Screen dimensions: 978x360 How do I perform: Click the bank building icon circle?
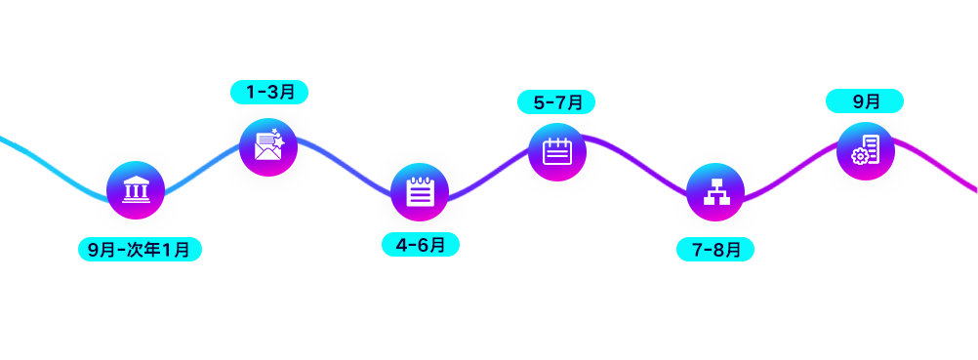pos(136,190)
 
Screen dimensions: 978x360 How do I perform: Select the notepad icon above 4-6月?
pos(419,192)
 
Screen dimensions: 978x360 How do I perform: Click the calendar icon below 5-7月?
pos(557,152)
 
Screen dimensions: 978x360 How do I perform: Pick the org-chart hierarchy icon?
pos(715,192)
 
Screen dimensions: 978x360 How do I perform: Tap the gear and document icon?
pos(865,151)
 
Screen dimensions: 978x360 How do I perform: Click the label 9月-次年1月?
pos(140,250)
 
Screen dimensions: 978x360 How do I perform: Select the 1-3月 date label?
pos(269,92)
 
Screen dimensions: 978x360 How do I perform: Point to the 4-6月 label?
pos(421,245)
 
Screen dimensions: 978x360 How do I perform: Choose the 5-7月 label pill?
pos(556,102)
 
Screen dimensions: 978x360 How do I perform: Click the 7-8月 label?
pos(715,250)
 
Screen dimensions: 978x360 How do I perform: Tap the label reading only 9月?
pos(865,101)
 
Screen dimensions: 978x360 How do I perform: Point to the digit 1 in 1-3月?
pos(251,93)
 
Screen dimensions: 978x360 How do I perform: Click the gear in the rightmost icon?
pos(860,157)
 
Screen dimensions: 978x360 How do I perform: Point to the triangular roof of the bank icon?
pos(136,180)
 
